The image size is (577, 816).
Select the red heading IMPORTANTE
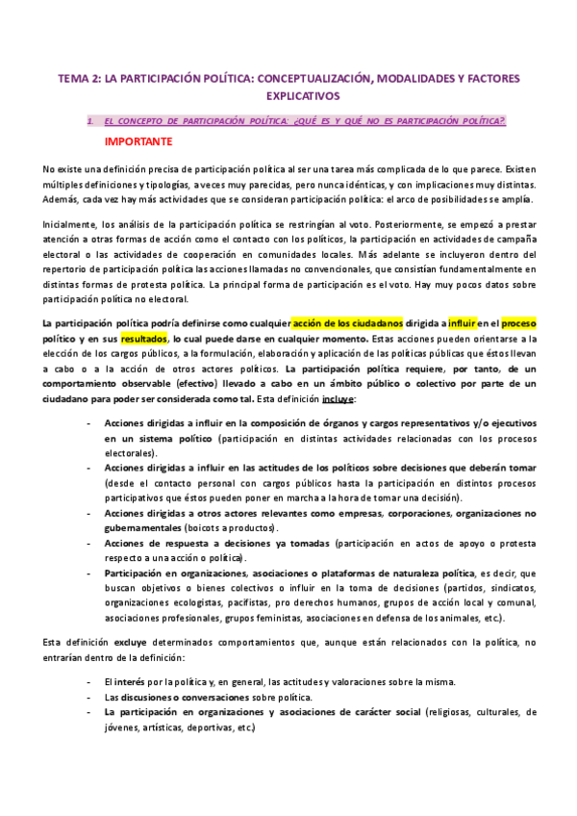click(x=138, y=141)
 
